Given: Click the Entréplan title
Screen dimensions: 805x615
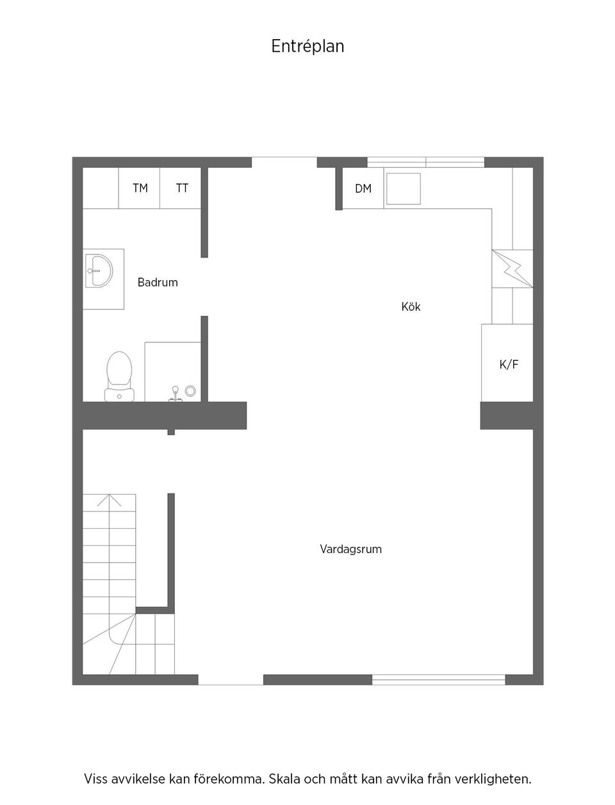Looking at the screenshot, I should [307, 47].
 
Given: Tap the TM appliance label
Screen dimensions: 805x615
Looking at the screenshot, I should [140, 188].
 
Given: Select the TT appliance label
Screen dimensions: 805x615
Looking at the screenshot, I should [183, 188].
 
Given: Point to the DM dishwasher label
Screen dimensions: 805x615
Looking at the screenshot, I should [363, 188].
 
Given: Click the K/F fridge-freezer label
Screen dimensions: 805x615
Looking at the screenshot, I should [509, 365].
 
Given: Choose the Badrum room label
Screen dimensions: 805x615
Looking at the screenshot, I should [158, 282].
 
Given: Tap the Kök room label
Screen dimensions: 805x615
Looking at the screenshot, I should [411, 307].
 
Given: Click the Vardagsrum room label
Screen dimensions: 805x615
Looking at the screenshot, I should [350, 549].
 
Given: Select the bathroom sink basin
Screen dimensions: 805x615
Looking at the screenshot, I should [99, 271].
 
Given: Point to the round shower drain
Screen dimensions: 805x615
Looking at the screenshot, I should [190, 390].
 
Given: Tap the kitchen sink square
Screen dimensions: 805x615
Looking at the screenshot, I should [403, 188].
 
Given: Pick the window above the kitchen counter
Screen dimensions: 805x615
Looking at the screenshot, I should [425, 162].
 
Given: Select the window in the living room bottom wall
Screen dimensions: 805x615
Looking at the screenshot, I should [439, 679].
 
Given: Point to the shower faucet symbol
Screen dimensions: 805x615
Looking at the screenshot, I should [174, 393].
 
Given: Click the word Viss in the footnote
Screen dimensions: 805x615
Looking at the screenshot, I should [96, 779].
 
